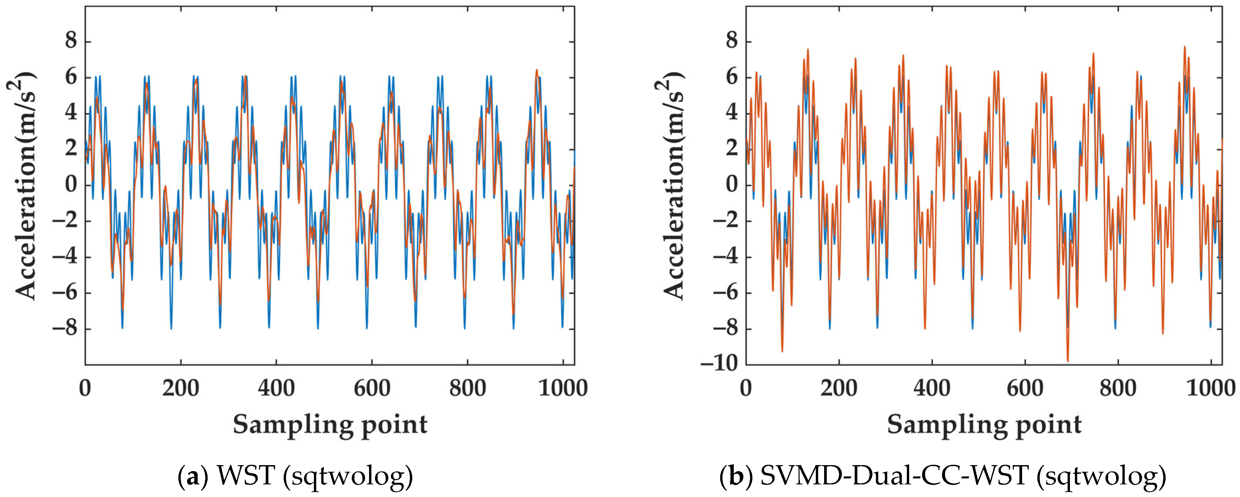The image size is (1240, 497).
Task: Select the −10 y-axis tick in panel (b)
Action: click(x=719, y=364)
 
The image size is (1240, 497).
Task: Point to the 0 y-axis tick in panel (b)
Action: click(x=732, y=185)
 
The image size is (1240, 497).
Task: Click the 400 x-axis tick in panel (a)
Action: click(x=276, y=388)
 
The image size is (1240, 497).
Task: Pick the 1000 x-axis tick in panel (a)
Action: click(x=563, y=388)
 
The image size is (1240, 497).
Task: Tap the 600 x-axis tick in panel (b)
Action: click(x=1025, y=388)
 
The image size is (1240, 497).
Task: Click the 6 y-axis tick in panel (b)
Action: click(x=732, y=77)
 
